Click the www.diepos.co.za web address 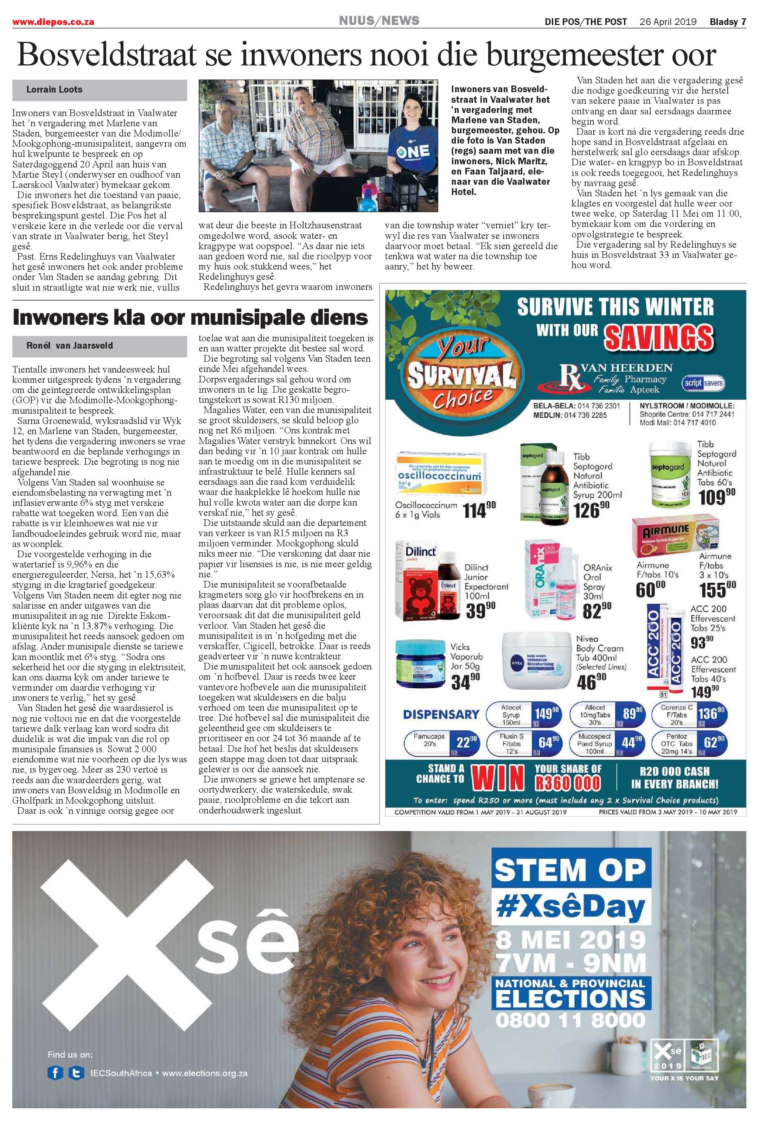pyautogui.click(x=53, y=22)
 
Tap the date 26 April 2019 pyautogui.click(x=668, y=22)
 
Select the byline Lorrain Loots pyautogui.click(x=54, y=90)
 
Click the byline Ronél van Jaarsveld pyautogui.click(x=70, y=346)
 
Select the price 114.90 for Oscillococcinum pyautogui.click(x=479, y=510)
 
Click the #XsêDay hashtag pyautogui.click(x=570, y=908)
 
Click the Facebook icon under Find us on pyautogui.click(x=55, y=1073)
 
